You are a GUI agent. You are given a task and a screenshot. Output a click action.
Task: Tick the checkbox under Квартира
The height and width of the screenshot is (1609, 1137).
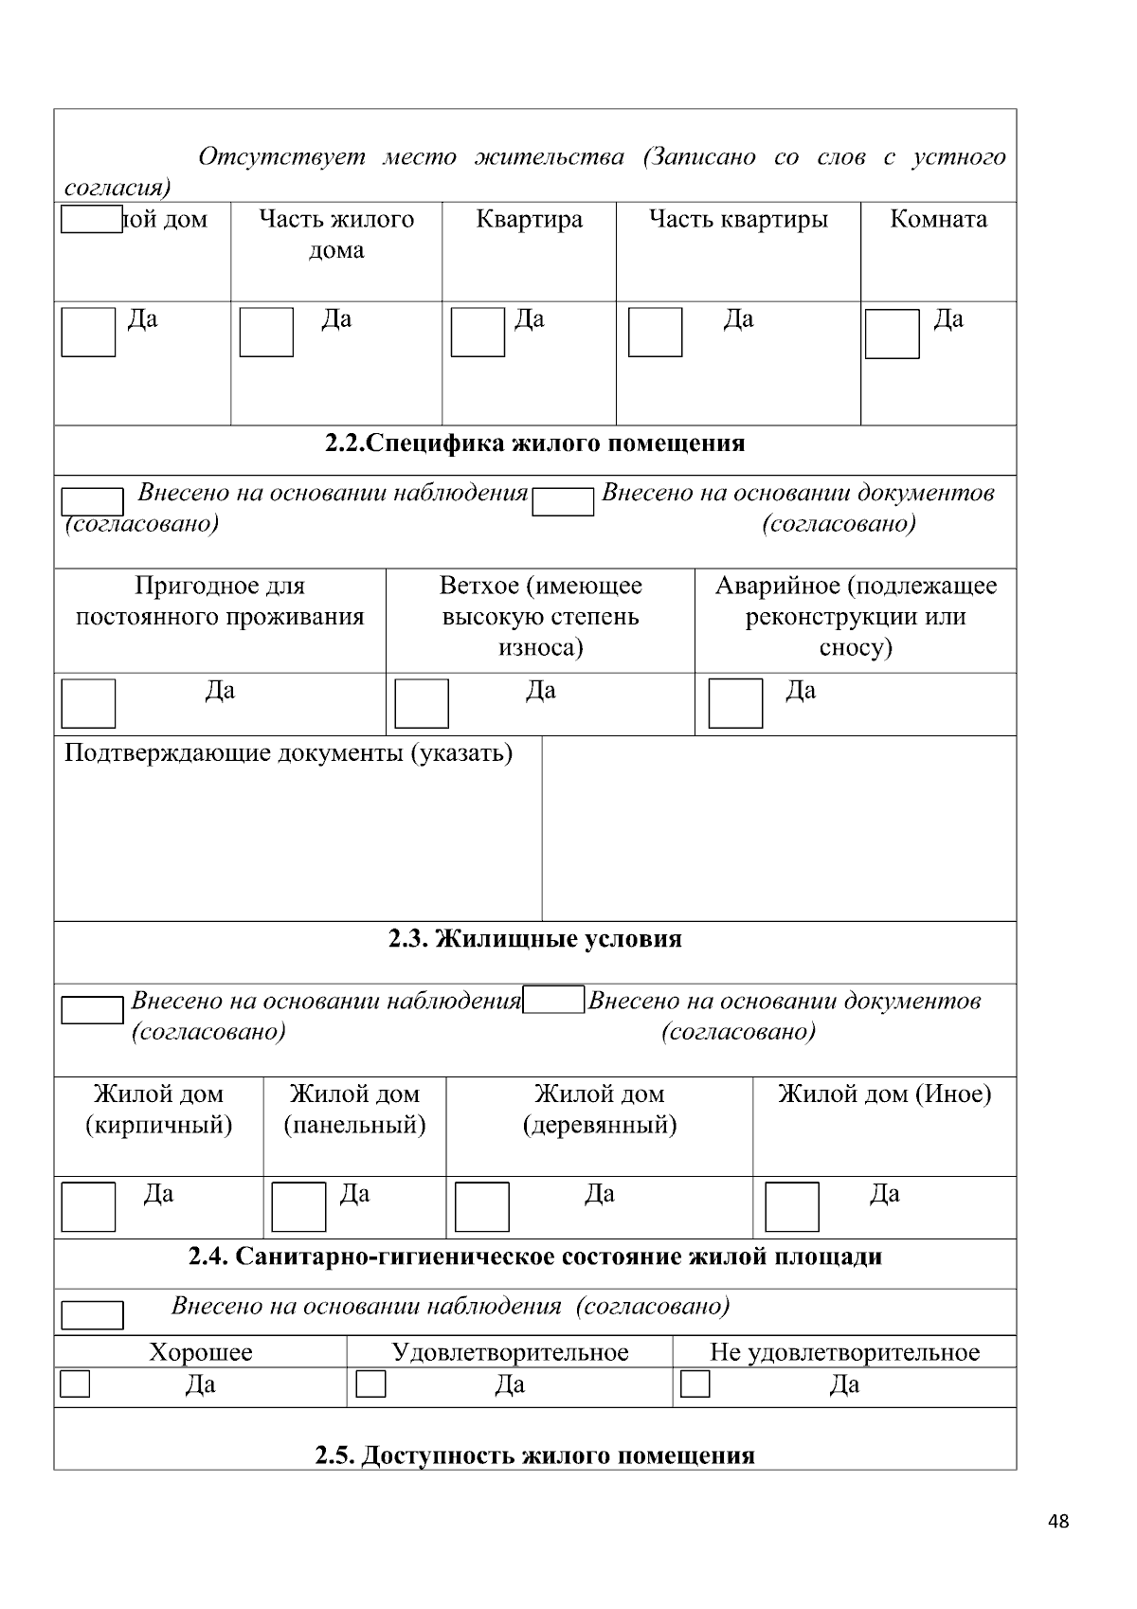pos(478,333)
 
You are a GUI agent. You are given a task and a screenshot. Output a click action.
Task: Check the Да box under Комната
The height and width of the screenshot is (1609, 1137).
pos(892,334)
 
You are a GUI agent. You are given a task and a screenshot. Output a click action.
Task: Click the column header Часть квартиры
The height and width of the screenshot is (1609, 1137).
pos(738,220)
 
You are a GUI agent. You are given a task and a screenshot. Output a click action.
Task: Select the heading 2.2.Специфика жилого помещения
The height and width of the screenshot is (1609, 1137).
pos(535,443)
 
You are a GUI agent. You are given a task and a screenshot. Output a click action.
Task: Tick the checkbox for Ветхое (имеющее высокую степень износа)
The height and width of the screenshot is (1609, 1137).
pos(421,703)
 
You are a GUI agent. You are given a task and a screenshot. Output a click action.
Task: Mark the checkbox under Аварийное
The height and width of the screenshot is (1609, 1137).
pos(735,703)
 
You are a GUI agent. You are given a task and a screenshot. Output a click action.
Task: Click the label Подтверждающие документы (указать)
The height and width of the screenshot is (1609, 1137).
pos(288,753)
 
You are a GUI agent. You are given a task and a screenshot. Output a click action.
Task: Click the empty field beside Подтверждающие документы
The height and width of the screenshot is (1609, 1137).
pos(779,827)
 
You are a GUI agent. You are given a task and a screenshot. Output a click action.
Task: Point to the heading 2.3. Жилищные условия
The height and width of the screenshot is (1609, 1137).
pos(535,939)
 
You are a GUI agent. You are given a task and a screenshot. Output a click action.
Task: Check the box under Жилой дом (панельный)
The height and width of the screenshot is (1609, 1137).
pos(298,1206)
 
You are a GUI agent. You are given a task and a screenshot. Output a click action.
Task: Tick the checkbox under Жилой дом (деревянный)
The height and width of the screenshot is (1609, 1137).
pos(482,1206)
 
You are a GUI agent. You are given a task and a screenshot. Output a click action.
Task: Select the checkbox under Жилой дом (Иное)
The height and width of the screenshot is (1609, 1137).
pos(791,1206)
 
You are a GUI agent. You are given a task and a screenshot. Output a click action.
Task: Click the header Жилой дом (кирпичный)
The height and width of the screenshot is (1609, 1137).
pos(158,1110)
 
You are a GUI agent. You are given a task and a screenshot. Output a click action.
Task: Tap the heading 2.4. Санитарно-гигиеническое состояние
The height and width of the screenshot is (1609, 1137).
pos(535,1256)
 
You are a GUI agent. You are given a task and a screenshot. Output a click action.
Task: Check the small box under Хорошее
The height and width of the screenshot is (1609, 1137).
pos(75,1384)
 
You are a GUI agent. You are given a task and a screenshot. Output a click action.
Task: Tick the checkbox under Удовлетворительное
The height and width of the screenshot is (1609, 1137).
pos(370,1384)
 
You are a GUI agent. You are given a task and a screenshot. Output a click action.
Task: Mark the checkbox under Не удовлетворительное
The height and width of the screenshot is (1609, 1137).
pos(695,1384)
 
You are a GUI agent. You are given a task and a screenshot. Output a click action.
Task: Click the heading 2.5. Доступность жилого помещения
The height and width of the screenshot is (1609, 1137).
pos(535,1455)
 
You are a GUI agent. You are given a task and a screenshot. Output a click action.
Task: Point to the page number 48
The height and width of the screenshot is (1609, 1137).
pos(1059,1522)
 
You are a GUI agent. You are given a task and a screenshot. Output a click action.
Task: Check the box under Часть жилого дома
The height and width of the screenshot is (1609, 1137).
pos(266,333)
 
